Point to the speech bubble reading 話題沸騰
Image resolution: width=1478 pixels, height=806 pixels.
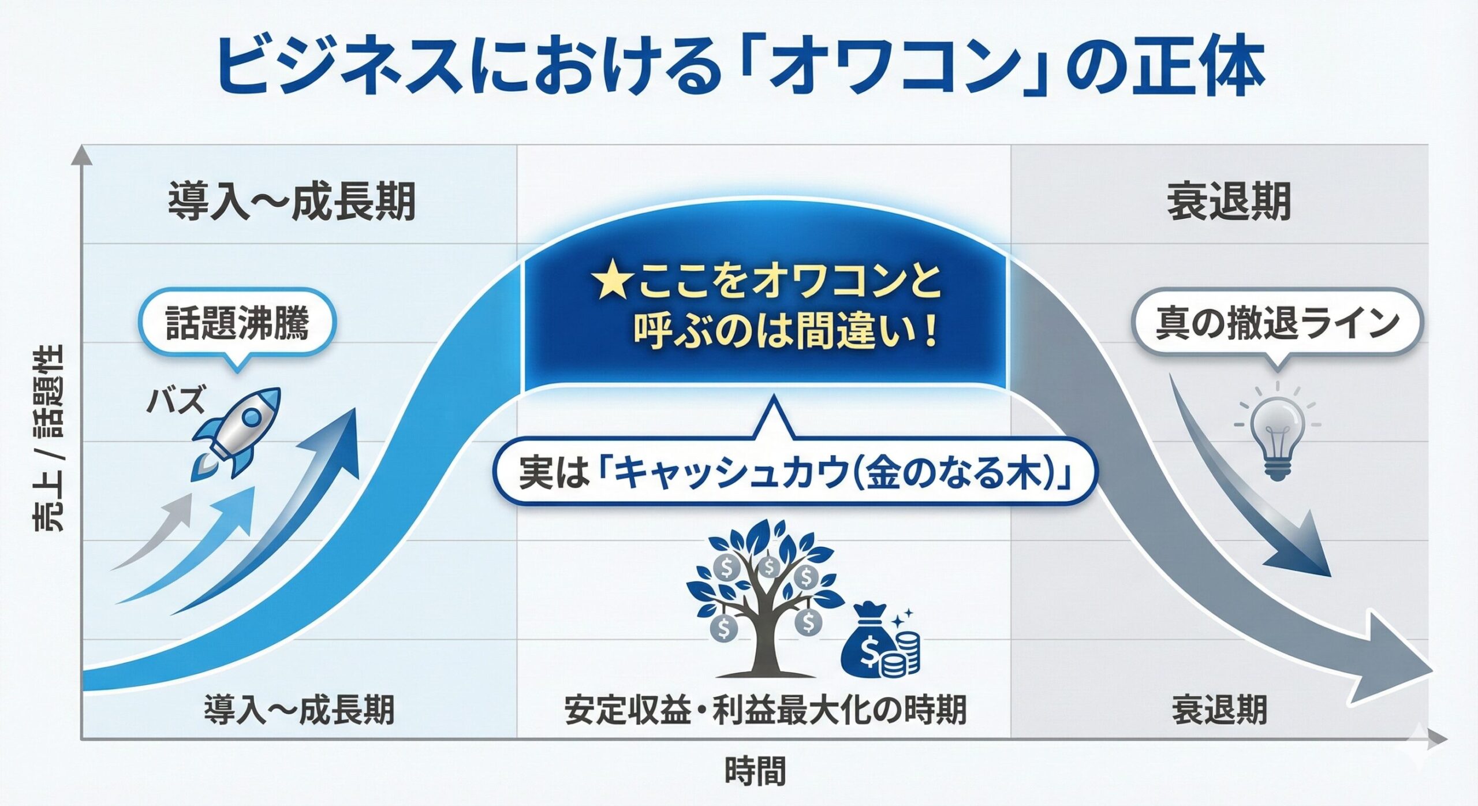pyautogui.click(x=237, y=324)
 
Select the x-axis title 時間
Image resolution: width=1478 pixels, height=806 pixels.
pyautogui.click(x=755, y=771)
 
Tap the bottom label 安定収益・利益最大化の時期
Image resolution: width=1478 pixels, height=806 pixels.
pyautogui.click(x=766, y=710)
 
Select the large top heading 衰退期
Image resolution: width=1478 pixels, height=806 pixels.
pyautogui.click(x=1229, y=201)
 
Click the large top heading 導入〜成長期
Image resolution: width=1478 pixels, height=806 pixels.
pyautogui.click(x=292, y=201)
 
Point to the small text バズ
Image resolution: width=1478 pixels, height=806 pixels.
pyautogui.click(x=176, y=399)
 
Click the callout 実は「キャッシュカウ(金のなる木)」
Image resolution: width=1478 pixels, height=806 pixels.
pyautogui.click(x=794, y=472)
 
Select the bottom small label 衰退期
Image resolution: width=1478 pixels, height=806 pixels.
pyautogui.click(x=1219, y=710)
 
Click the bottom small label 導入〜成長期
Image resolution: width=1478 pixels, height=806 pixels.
pyautogui.click(x=298, y=710)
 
